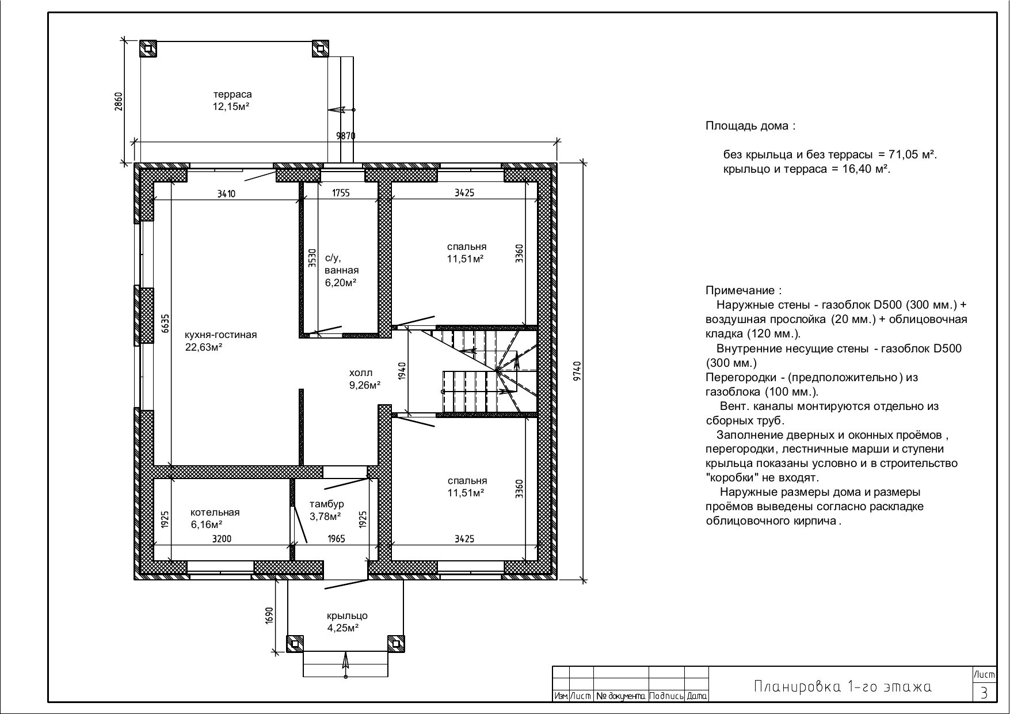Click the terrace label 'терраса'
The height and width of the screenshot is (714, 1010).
(233, 94)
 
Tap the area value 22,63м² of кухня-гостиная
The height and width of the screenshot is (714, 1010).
(204, 347)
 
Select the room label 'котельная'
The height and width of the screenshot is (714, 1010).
(215, 512)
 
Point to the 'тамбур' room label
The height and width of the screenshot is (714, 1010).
(326, 504)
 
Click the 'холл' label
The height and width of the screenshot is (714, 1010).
(361, 373)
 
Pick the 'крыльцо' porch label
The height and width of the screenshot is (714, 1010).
(347, 616)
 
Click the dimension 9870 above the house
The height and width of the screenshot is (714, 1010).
(346, 136)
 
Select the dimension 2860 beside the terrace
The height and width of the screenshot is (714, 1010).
(119, 101)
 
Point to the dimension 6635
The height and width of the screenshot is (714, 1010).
(165, 324)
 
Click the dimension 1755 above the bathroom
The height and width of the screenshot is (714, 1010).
(341, 193)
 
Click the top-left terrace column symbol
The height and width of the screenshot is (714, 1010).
(148, 48)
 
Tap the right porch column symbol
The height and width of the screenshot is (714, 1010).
(396, 644)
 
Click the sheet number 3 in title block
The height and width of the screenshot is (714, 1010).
(984, 692)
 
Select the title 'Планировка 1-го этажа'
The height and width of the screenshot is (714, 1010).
(843, 686)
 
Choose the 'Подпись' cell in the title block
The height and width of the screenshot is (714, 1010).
(666, 696)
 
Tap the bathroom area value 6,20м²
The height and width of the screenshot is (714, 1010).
(340, 283)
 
